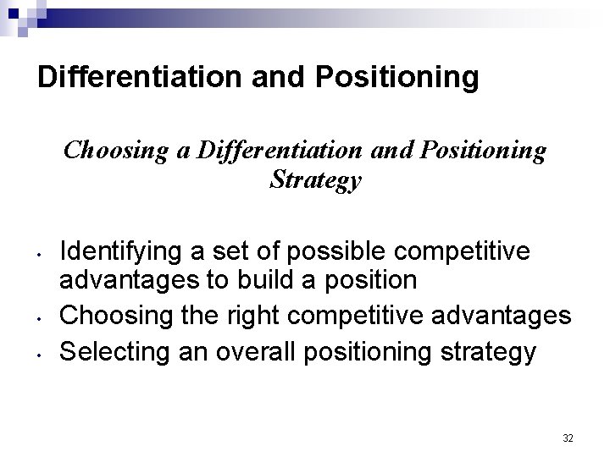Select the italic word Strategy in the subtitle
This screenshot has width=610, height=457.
(x=315, y=180)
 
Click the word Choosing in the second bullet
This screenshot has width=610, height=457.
(x=110, y=315)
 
